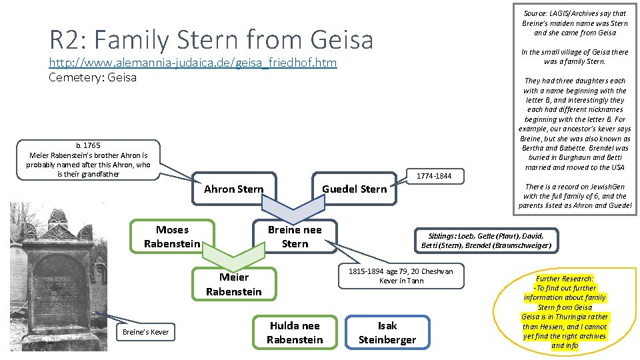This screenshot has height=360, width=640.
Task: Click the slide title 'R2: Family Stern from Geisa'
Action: click(x=211, y=39)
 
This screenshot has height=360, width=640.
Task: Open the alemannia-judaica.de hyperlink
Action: click(x=193, y=63)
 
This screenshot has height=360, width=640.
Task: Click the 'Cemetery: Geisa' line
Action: click(x=93, y=77)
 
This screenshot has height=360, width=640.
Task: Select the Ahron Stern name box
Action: click(x=233, y=189)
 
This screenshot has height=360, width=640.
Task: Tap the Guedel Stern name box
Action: click(x=354, y=189)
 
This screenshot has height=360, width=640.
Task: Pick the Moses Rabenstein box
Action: click(x=172, y=237)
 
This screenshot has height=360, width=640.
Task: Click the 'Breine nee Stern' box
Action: click(x=295, y=237)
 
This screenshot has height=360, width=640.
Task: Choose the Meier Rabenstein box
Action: click(x=233, y=284)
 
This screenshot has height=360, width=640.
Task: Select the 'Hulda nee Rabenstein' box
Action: click(x=295, y=333)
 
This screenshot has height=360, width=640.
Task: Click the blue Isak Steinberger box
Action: click(x=387, y=333)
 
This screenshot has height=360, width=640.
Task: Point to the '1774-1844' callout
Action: click(x=433, y=176)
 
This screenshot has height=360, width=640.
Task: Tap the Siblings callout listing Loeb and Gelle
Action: click(x=486, y=240)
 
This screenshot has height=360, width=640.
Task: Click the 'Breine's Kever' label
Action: click(x=145, y=332)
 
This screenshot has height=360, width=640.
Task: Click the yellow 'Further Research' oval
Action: click(x=565, y=312)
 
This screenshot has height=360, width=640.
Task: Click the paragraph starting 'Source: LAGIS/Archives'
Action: click(x=574, y=23)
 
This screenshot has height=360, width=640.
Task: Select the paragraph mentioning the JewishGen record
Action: click(x=575, y=196)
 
